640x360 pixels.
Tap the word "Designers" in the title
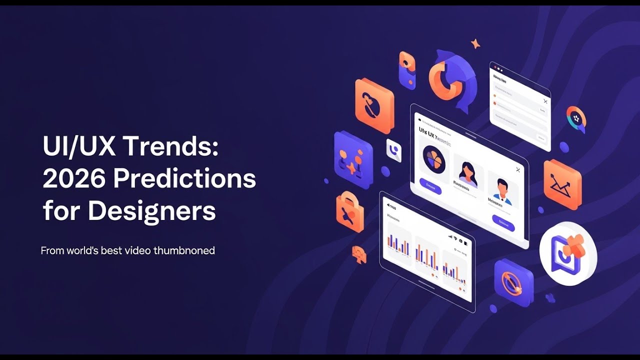(x=152, y=211)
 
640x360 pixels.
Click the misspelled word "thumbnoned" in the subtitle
(x=184, y=250)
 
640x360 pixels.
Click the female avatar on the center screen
(x=468, y=172)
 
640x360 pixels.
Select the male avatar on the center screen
(x=501, y=190)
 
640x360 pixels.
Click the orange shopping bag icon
(x=350, y=211)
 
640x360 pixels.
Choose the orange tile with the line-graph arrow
(x=562, y=184)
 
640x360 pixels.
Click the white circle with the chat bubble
(x=568, y=253)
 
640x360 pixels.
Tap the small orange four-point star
(x=475, y=44)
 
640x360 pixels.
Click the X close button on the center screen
(x=518, y=170)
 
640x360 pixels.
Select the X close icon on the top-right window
(x=545, y=101)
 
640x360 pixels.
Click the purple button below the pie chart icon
(x=430, y=186)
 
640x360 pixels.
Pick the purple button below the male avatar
(x=503, y=223)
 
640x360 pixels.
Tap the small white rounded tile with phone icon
(x=394, y=150)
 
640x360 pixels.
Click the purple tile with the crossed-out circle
(x=513, y=282)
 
